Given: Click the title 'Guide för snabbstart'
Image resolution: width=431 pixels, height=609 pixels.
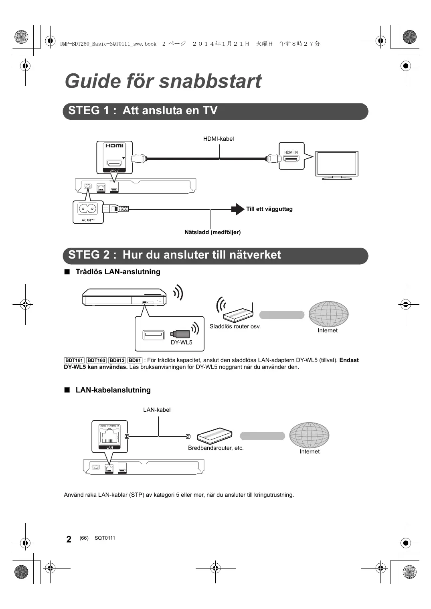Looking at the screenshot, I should pyautogui.click(x=163, y=81).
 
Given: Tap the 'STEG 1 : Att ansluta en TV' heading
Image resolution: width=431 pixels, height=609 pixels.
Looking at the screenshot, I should pyautogui.click(x=143, y=111).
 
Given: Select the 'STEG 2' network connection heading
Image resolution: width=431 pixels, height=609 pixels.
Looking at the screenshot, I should pyautogui.click(x=174, y=255).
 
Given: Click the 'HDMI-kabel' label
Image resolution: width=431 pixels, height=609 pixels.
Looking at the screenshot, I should pyautogui.click(x=218, y=139).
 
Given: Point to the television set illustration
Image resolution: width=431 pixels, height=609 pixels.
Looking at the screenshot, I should pyautogui.click(x=336, y=165).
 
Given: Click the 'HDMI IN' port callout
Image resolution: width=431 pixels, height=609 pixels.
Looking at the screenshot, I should pyautogui.click(x=291, y=156).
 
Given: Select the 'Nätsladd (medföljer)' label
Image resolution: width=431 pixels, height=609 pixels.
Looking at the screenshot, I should pyautogui.click(x=212, y=232).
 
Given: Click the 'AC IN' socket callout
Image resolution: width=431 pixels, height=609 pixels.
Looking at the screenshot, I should pyautogui.click(x=88, y=212).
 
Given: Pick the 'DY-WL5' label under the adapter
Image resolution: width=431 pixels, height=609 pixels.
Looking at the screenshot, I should pyautogui.click(x=181, y=342).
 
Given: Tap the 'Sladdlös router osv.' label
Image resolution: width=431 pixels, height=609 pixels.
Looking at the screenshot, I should pyautogui.click(x=235, y=326).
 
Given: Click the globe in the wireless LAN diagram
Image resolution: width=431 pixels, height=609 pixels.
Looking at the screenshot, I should pyautogui.click(x=328, y=314).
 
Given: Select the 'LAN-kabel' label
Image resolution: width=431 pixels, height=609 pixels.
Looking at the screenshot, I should pyautogui.click(x=157, y=410).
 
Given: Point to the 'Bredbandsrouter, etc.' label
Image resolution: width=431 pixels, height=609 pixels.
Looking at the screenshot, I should pyautogui.click(x=216, y=448).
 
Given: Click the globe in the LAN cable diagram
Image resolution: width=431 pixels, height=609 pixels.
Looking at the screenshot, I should pyautogui.click(x=309, y=435).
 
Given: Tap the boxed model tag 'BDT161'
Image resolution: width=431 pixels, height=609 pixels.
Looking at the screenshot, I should pyautogui.click(x=74, y=360).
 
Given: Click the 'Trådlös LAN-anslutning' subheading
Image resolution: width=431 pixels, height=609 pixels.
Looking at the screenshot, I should pyautogui.click(x=118, y=272).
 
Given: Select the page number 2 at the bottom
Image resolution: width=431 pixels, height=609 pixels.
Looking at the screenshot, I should pyautogui.click(x=69, y=539).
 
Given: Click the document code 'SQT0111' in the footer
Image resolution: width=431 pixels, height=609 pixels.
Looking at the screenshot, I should pyautogui.click(x=105, y=538).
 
